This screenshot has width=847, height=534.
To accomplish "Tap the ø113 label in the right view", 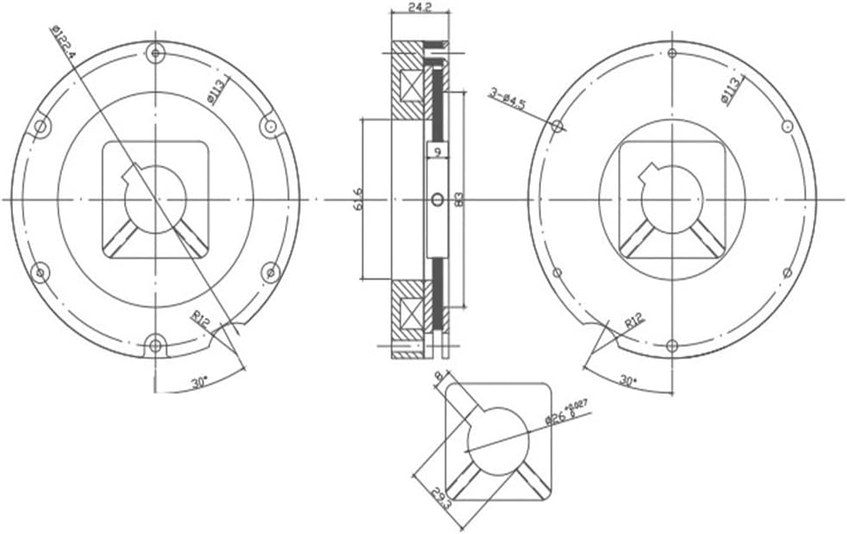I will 731,90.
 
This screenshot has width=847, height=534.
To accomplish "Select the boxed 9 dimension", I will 438,152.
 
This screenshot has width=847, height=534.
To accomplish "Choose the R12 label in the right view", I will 634,322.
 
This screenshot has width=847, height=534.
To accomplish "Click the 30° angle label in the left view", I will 199,382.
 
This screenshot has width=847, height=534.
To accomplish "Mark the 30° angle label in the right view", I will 627,379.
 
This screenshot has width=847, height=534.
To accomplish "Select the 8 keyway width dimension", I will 439,376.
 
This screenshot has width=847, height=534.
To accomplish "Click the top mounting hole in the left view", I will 155,53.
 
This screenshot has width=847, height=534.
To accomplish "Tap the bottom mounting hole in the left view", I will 155,345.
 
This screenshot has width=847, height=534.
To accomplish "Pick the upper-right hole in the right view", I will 787,127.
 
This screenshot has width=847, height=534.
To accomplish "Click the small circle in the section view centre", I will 437,200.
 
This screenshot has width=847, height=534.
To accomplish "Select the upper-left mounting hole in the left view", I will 40,127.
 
